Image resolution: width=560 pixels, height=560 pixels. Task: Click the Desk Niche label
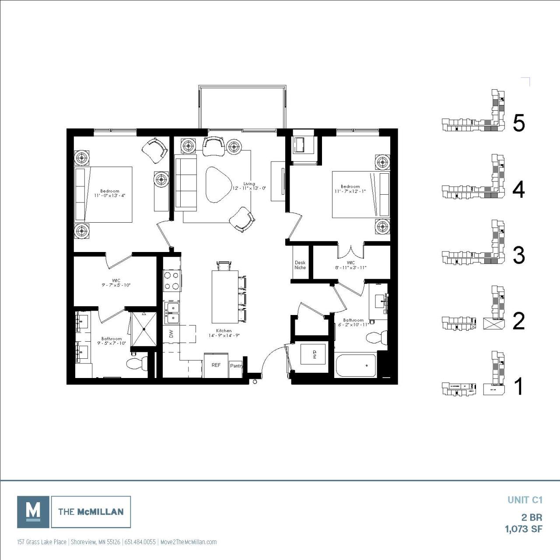(300, 265)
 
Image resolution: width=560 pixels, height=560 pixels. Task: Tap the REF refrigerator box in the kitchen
(216, 365)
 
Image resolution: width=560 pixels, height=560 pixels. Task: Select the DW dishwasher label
(171, 334)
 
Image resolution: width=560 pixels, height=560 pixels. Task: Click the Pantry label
(236, 366)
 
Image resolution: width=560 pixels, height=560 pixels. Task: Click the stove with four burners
(172, 280)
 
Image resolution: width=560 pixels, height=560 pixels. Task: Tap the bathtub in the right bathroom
(355, 365)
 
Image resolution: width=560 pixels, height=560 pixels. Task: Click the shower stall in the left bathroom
(143, 328)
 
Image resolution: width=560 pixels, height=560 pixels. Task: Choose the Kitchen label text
(224, 331)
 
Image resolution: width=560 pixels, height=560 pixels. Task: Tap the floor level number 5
(518, 123)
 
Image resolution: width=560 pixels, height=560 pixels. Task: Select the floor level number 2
(518, 321)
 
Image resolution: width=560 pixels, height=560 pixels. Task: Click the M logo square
(33, 511)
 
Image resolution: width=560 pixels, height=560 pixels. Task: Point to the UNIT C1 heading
(525, 500)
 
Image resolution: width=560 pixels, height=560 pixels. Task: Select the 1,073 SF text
(524, 529)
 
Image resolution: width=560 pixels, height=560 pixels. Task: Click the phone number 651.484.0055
(140, 542)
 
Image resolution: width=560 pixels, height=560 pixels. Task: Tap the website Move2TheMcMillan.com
(189, 542)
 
